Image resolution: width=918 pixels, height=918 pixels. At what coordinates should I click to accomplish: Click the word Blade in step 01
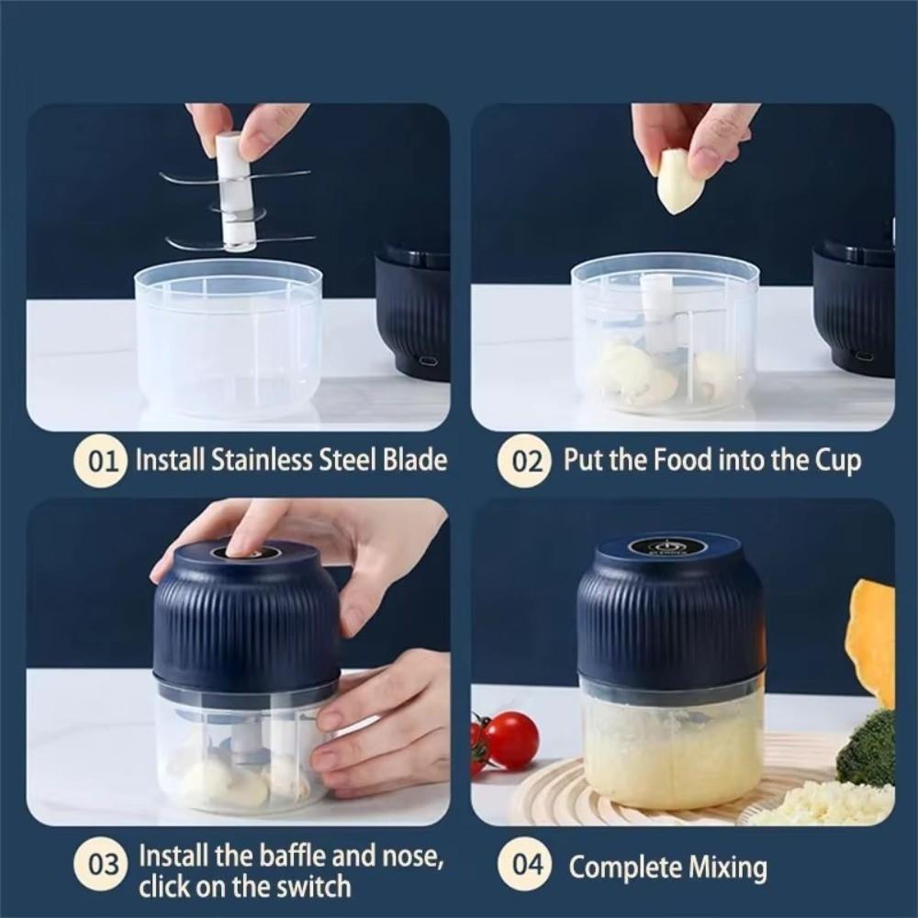[x=413, y=459]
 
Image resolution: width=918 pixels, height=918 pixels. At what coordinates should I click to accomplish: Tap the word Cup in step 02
[x=836, y=459]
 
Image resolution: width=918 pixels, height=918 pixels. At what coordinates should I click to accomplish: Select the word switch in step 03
[x=311, y=887]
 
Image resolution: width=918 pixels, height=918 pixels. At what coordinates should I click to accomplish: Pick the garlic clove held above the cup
[x=680, y=182]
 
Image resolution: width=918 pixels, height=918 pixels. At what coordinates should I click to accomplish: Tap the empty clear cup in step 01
[x=229, y=340]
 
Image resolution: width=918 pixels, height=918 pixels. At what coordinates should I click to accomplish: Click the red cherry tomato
[x=511, y=740]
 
